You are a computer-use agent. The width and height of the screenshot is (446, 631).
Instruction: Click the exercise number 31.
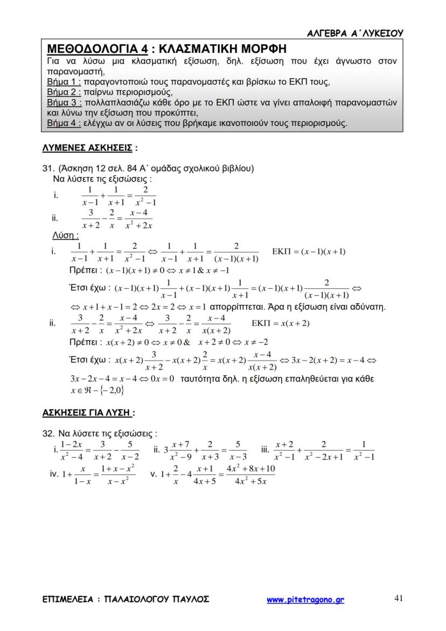click(48, 169)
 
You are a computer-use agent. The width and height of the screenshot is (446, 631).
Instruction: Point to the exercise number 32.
click(48, 433)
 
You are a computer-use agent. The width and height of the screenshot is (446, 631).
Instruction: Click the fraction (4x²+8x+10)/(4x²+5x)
click(251, 475)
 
